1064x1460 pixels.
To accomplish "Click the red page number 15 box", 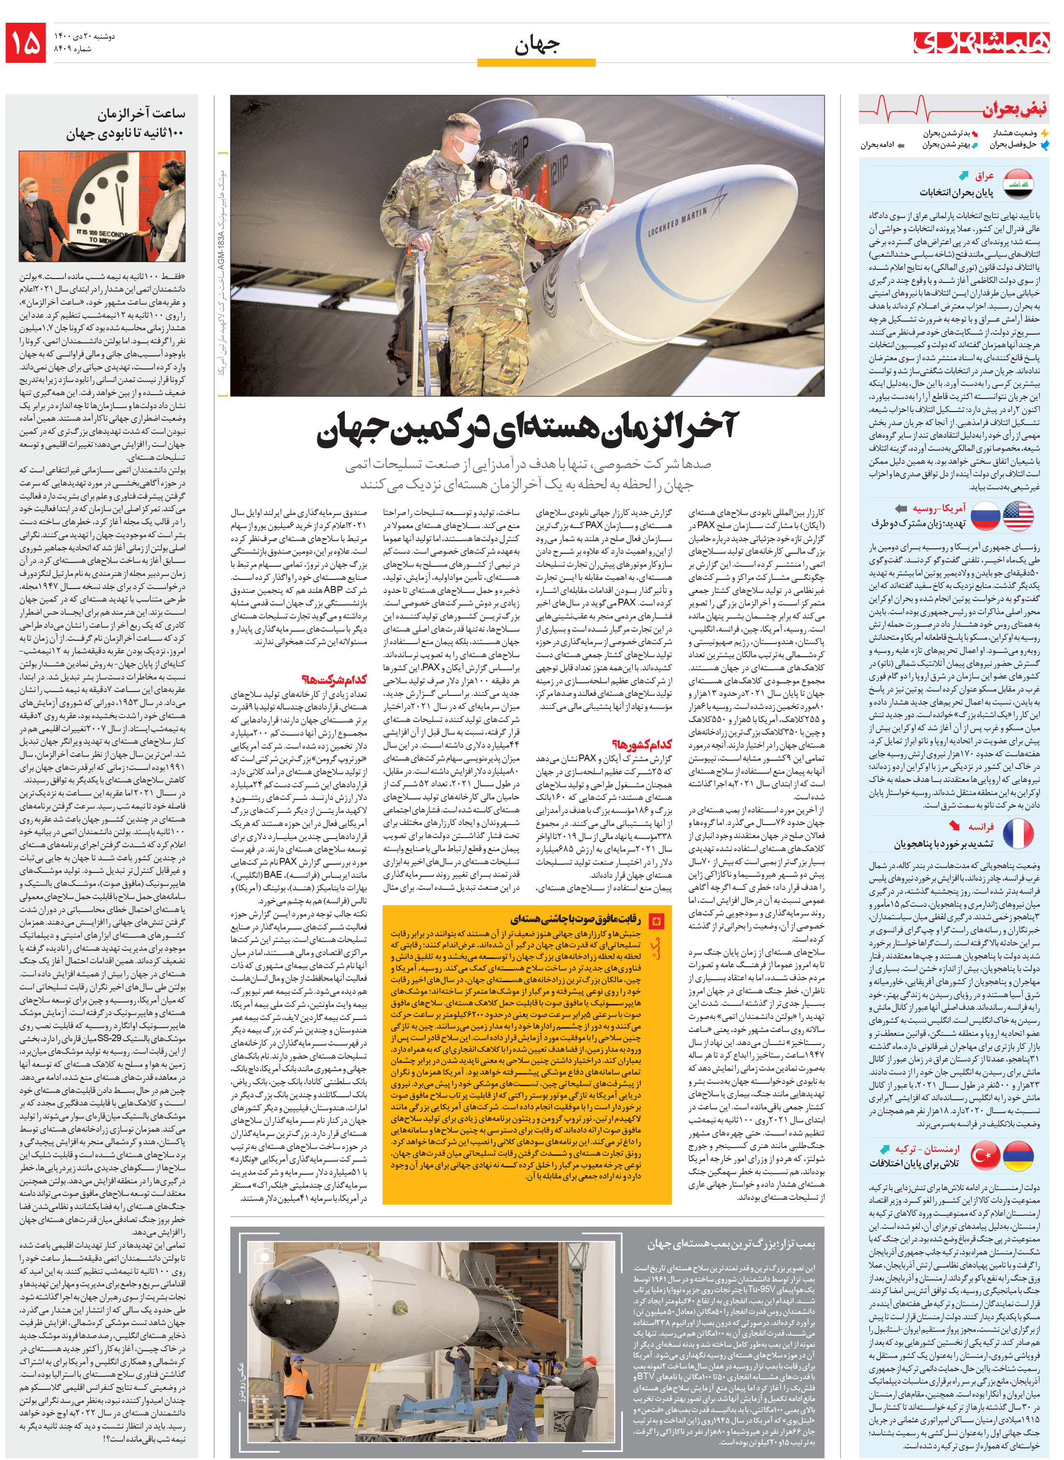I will coord(26,43).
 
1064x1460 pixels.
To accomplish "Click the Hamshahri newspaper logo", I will coord(980,42).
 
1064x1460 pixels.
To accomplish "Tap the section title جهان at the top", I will coord(536,45).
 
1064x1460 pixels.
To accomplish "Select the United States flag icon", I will coord(1018,516).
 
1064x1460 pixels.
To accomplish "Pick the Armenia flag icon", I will coord(1018,1155).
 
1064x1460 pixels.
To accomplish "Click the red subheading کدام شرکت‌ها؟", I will coord(343,679).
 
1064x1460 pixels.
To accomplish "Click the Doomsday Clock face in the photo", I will coord(106,200).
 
